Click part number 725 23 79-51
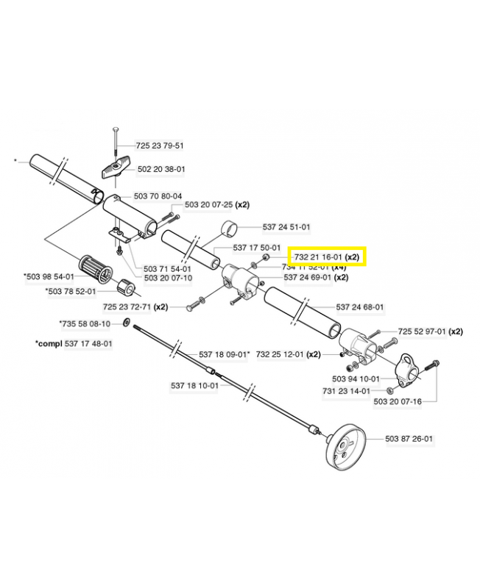(x=160, y=146)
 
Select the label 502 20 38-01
(x=160, y=168)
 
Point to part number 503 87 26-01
(x=409, y=439)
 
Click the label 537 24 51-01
(x=286, y=227)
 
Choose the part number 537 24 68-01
(x=360, y=306)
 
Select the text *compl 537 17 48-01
(x=74, y=343)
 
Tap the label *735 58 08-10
(x=85, y=323)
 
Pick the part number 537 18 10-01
(x=195, y=385)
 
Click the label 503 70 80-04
(x=158, y=196)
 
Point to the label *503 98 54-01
(x=49, y=276)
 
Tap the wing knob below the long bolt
(x=116, y=171)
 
